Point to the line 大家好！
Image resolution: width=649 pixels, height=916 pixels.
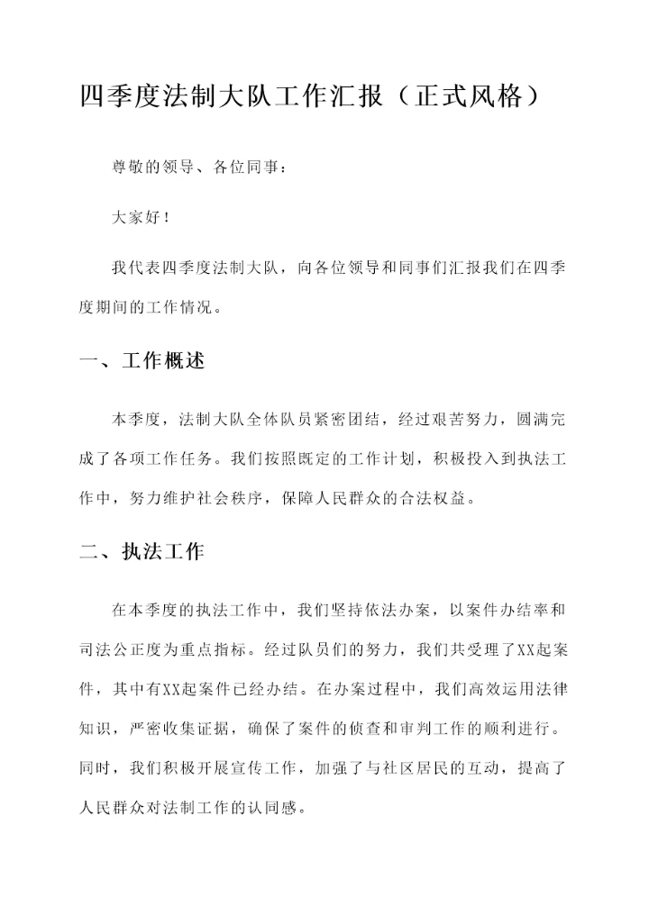click(x=141, y=217)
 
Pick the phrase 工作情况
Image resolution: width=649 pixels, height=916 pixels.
click(x=179, y=307)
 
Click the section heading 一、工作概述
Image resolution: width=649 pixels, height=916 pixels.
click(x=142, y=361)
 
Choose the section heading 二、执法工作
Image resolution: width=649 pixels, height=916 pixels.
click(x=142, y=552)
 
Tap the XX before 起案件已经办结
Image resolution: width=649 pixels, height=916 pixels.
click(x=171, y=689)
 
